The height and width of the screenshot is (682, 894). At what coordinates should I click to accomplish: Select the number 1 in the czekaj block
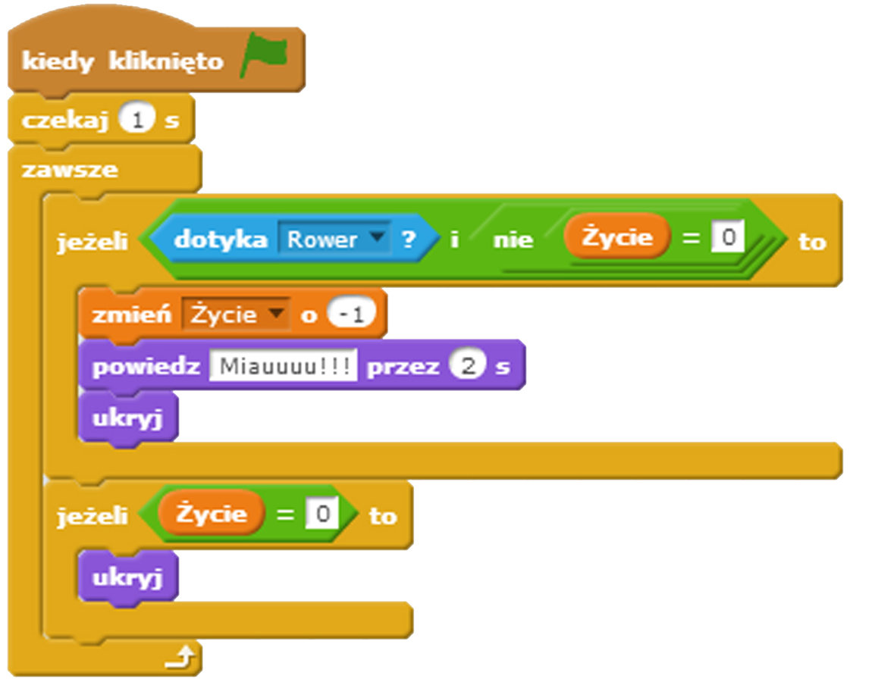point(136,120)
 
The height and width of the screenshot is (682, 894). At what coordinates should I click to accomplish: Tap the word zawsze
point(70,170)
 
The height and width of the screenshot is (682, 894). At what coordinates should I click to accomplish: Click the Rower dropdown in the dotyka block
point(334,240)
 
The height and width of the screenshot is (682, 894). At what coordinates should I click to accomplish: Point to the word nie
point(513,240)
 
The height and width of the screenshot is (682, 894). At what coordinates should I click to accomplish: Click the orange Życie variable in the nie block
point(617,237)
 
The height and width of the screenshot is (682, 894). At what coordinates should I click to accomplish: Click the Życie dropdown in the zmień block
point(236,314)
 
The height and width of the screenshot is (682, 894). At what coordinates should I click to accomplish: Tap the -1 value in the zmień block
point(352,314)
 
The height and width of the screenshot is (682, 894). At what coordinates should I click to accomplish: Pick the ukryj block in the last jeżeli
point(127,578)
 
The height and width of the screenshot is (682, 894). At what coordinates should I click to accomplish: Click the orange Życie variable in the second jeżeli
point(212,514)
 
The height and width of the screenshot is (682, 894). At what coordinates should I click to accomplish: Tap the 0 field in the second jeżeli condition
point(322,515)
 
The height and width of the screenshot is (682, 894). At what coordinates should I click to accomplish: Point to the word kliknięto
point(166,61)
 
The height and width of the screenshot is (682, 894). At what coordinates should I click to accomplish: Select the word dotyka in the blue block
point(221,240)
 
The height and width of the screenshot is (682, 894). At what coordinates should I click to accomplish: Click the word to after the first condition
point(811,242)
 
